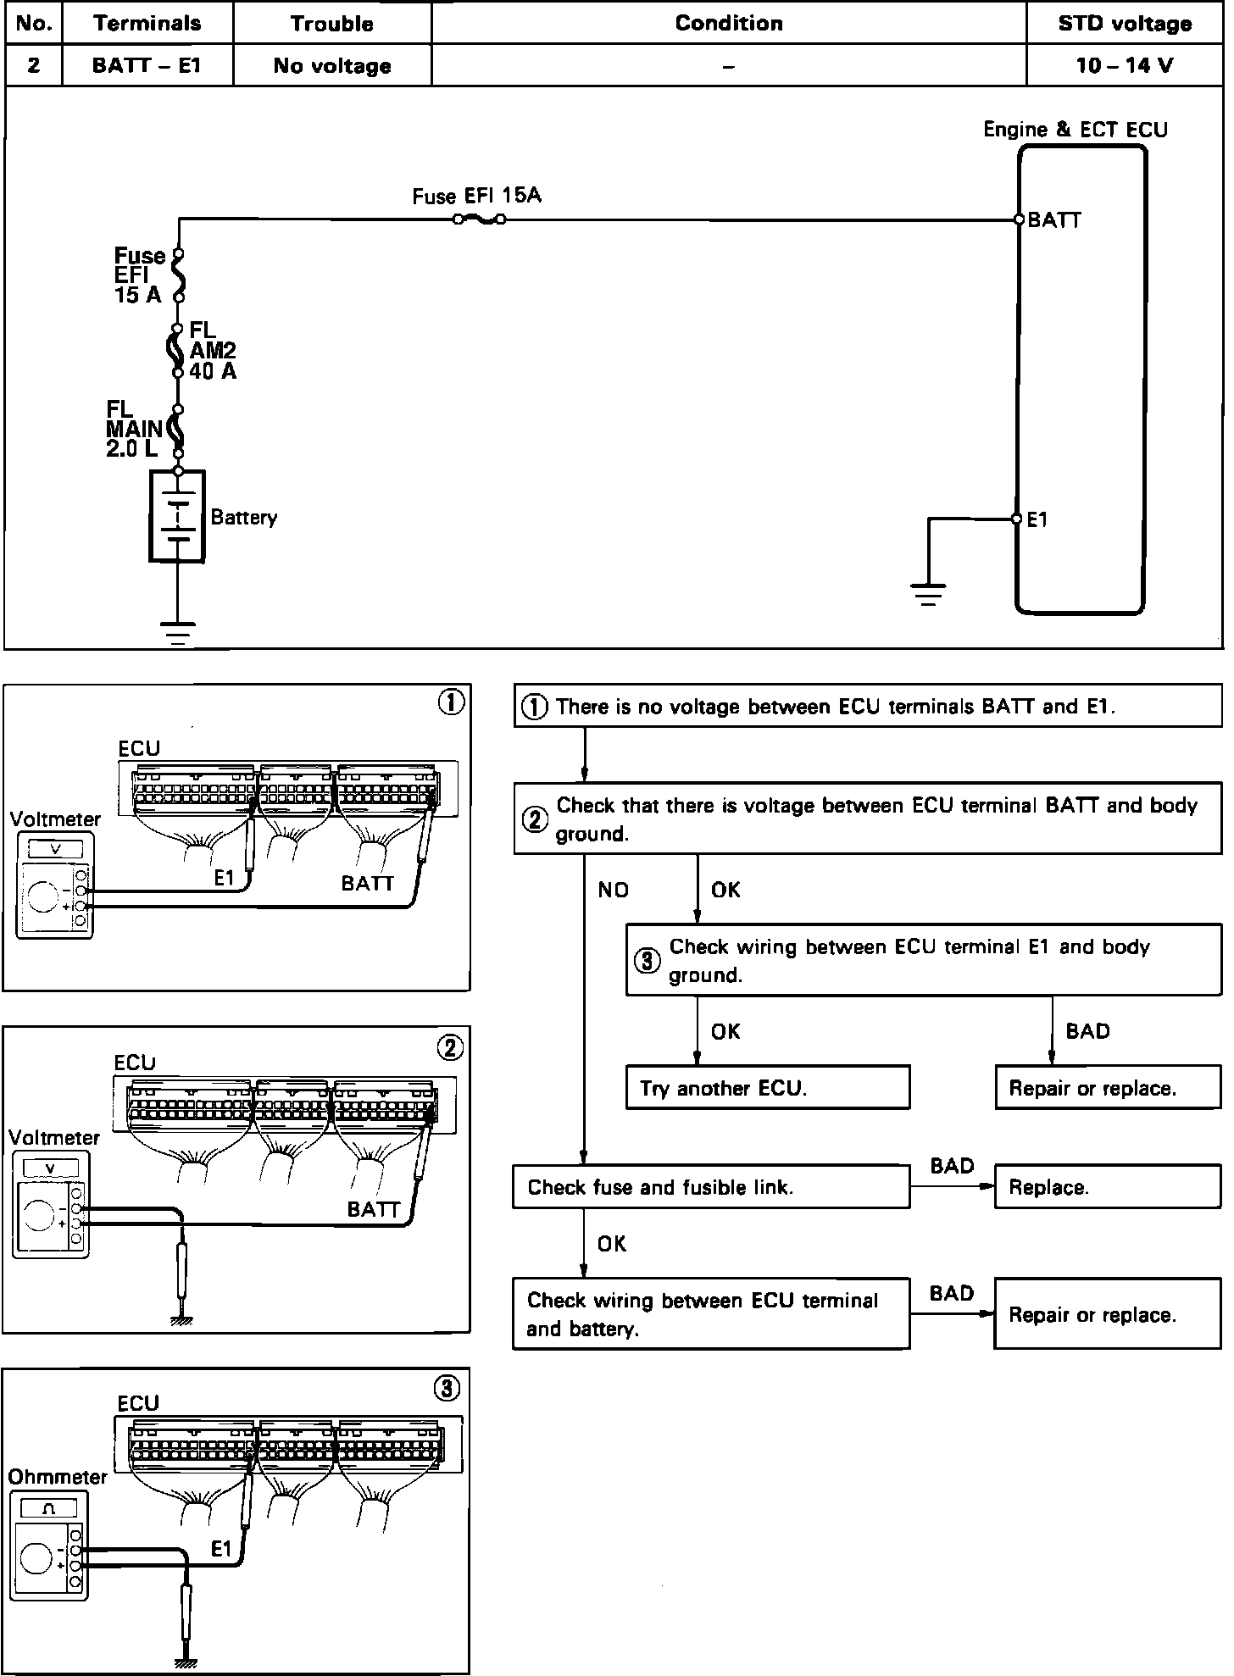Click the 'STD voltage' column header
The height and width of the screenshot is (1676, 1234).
[1125, 24]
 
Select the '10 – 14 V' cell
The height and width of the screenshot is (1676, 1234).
[1125, 66]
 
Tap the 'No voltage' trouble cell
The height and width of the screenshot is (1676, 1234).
[332, 66]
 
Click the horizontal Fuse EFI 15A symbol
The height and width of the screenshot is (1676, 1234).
[480, 220]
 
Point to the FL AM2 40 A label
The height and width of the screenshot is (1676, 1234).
[212, 351]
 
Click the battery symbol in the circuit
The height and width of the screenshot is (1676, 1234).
[178, 516]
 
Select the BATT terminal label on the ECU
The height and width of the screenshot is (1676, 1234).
[1054, 220]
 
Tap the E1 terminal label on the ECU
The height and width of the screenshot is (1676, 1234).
[1037, 520]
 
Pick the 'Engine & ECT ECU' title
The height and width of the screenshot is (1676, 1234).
[1076, 130]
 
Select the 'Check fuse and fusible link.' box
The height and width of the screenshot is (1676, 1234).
[711, 1187]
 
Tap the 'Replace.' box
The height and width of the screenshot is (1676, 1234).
[1107, 1187]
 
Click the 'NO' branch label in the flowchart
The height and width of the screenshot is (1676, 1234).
[614, 890]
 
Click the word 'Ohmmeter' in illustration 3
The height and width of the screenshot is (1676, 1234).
[58, 1477]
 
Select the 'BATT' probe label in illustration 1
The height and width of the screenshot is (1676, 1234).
[368, 883]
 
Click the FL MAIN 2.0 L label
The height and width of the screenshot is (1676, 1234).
[134, 430]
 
